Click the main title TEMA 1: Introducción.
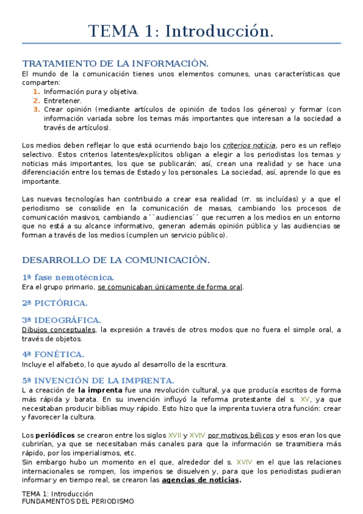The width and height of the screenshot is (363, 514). [181, 31]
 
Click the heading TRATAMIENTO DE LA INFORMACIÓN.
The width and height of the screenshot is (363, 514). [115, 63]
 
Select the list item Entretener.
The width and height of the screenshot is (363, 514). [62, 101]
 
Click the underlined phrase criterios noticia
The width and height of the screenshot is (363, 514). [250, 145]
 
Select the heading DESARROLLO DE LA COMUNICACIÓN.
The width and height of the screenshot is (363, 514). [116, 260]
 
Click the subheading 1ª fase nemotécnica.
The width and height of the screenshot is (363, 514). [68, 277]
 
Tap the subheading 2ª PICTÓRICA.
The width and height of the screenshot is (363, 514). [55, 302]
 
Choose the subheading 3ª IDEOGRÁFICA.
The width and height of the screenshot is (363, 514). [61, 319]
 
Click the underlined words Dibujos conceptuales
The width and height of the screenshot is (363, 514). [58, 330]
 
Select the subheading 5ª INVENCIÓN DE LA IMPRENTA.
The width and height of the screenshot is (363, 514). [98, 380]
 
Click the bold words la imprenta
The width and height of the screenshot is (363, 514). [101, 390]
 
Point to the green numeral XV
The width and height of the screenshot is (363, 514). [305, 399]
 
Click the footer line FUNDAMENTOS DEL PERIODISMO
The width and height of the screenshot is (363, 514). [78, 502]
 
